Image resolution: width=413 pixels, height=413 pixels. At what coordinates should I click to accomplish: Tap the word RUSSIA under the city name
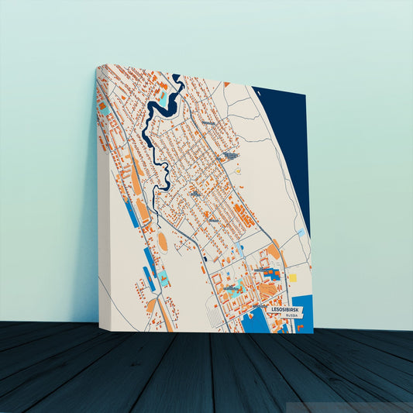click(x=291, y=316)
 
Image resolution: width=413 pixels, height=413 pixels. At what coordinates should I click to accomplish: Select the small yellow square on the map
click(x=293, y=277)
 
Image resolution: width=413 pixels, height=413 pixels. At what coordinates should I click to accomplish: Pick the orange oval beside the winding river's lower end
click(x=163, y=242)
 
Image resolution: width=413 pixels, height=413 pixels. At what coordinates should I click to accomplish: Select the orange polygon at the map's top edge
click(x=225, y=84)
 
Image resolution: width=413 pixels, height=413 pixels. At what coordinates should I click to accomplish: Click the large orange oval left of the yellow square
click(x=274, y=251)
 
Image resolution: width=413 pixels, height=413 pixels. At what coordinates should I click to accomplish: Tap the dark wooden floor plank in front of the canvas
click(x=209, y=372)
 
